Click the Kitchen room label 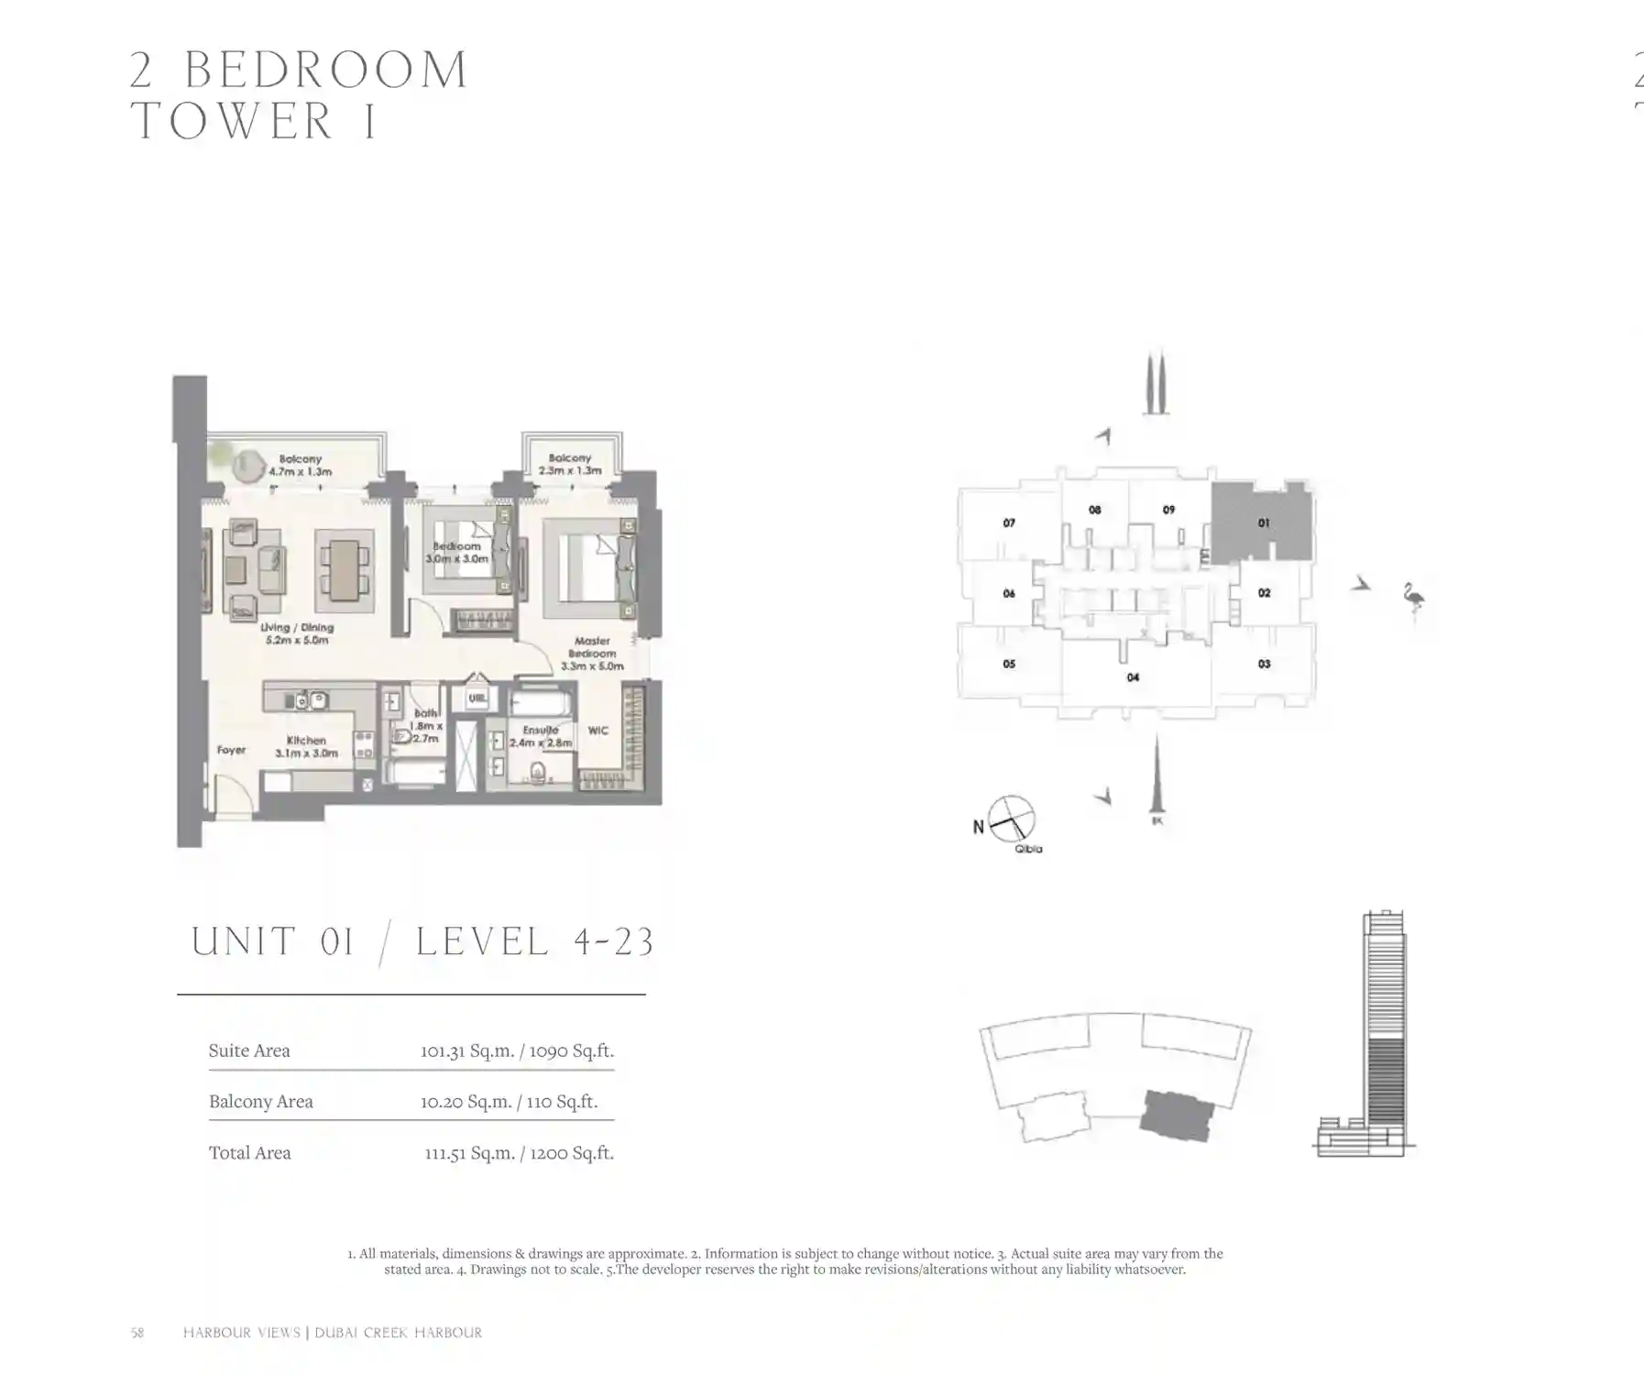coord(306,745)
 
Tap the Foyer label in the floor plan coord(231,750)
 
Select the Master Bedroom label coord(592,654)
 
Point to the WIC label coord(597,731)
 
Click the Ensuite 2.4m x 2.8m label coord(541,736)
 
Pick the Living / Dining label coord(297,633)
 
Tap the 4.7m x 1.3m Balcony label coord(301,465)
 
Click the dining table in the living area coord(345,569)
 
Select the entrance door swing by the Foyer coord(231,793)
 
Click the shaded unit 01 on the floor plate coord(1260,523)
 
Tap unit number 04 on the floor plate coord(1133,677)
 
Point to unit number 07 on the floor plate coord(1008,523)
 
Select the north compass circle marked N coord(1011,818)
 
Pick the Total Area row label coord(249,1153)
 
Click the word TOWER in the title coord(233,121)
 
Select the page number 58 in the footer coord(137,1333)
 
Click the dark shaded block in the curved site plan coord(1178,1115)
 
